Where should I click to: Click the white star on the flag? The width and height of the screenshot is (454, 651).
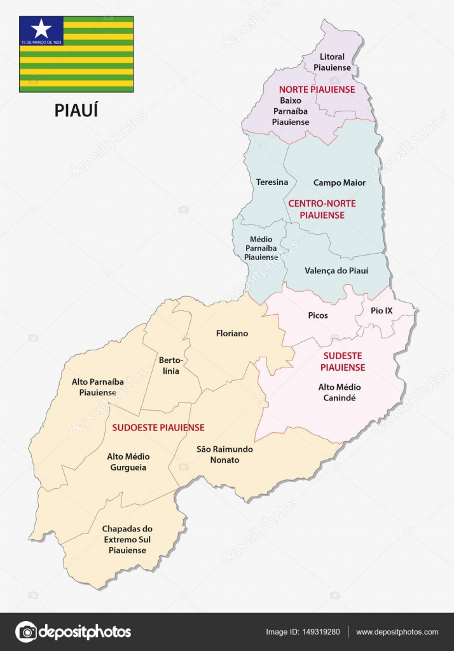[x=41, y=28]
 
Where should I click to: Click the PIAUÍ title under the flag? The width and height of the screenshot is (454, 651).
[x=76, y=111]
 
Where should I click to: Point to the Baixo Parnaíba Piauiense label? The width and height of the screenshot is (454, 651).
[x=291, y=111]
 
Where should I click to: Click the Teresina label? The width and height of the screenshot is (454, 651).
[x=272, y=182]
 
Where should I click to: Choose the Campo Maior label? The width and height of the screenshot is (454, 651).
[x=340, y=182]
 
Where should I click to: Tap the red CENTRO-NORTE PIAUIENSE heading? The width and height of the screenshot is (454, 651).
[x=325, y=209]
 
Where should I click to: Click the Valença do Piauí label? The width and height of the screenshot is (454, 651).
[x=336, y=270]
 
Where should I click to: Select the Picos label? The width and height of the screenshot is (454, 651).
[x=317, y=315]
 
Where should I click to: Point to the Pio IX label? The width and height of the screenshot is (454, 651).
[x=382, y=311]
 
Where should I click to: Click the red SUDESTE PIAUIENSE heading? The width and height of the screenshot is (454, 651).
[x=343, y=362]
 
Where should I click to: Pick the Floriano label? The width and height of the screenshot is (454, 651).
[x=232, y=333]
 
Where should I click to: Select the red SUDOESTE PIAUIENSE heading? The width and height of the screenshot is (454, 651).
[x=158, y=427]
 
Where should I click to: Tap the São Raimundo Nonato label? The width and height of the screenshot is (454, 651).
[x=224, y=454]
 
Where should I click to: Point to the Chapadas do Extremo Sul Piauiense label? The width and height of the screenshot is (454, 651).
[x=127, y=539]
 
